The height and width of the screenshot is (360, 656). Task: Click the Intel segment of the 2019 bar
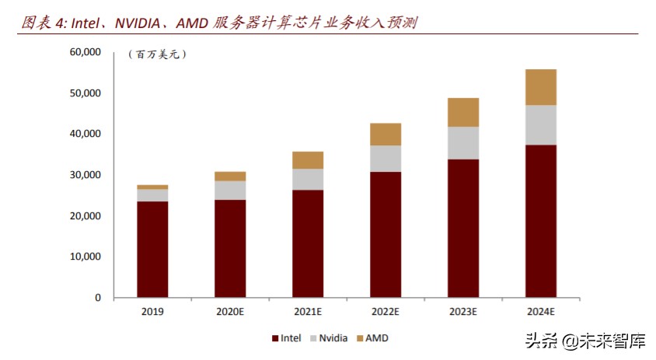[x=152, y=249]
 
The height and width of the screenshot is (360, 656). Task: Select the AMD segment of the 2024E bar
[x=540, y=87]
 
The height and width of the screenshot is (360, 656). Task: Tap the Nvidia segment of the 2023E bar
[x=462, y=142]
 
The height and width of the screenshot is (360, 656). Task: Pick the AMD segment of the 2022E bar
[x=386, y=134]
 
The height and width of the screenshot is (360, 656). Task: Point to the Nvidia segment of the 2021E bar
[x=308, y=179]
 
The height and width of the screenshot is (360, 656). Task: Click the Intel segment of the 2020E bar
[x=230, y=248]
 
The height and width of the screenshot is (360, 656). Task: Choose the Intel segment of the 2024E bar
[x=540, y=221]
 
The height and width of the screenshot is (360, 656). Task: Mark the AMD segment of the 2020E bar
[x=230, y=176]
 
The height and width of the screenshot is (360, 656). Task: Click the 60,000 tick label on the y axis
[x=85, y=52]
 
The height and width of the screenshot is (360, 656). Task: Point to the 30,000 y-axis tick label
[x=85, y=175]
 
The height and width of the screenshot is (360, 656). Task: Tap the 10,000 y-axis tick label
[x=85, y=257]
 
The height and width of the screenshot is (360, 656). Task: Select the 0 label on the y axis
[x=98, y=298]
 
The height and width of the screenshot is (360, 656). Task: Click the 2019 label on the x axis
[x=152, y=311]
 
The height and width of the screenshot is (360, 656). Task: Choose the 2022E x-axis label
[x=386, y=311]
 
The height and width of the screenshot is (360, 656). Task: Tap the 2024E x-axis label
[x=540, y=311]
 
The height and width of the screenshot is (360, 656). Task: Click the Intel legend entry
[x=288, y=338]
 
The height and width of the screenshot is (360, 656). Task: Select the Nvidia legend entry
[x=330, y=338]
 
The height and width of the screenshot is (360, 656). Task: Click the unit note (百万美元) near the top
[x=157, y=54]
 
